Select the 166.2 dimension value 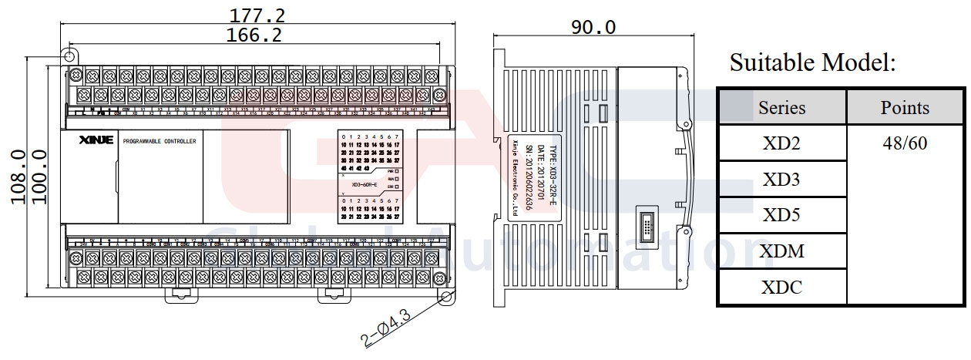tap(254, 34)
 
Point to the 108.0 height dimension tap(20, 177)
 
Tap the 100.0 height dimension tap(41, 177)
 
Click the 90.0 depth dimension tap(593, 27)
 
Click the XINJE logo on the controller tap(96, 140)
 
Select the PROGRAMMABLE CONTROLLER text tap(160, 141)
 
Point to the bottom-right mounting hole tap(445, 297)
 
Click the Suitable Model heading tap(812, 62)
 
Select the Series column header tap(781, 108)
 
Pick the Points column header tap(905, 108)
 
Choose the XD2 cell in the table tap(781, 144)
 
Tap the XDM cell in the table tap(781, 251)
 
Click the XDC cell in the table tap(781, 288)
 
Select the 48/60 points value tap(905, 144)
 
